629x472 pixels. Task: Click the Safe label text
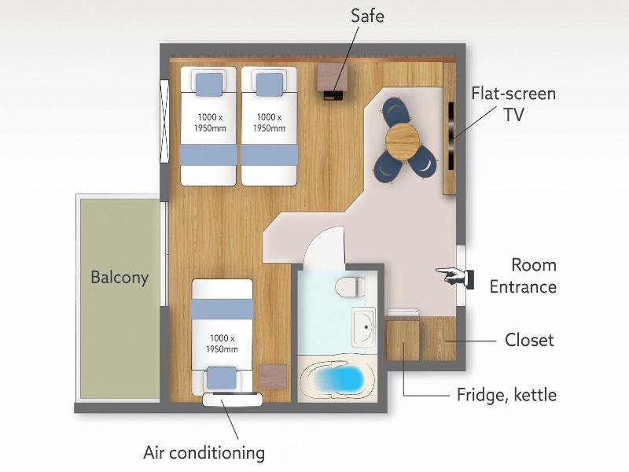[x=367, y=16]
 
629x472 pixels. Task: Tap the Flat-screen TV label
[x=513, y=104]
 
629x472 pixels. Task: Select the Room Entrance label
[x=523, y=276]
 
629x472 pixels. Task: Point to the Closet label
[x=529, y=340]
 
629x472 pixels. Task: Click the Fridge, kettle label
[x=506, y=395]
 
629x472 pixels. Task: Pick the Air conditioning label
[x=204, y=453]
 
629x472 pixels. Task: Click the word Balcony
[x=120, y=278]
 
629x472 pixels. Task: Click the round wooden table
[x=403, y=140]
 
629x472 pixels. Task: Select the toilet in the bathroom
[x=351, y=286]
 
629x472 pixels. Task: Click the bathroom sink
[x=364, y=327]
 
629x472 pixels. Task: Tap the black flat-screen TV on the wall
[x=451, y=136]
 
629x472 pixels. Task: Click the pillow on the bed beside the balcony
[x=222, y=378]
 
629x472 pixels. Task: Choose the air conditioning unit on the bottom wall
[x=233, y=400]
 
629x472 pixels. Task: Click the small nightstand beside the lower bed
[x=273, y=377]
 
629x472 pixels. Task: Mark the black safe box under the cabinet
[x=333, y=95]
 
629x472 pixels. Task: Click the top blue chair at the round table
[x=397, y=111]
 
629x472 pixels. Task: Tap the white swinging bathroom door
[x=324, y=245]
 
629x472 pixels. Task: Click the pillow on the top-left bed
[x=209, y=84]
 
